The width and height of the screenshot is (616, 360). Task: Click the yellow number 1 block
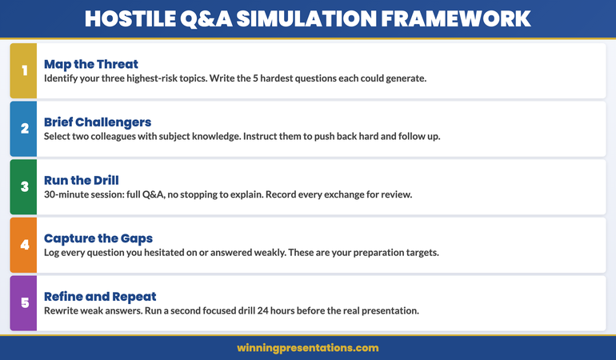click(23, 70)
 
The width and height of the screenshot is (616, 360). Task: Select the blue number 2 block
click(23, 129)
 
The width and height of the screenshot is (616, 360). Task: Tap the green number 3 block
click(23, 186)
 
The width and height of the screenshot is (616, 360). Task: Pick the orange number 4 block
click(23, 245)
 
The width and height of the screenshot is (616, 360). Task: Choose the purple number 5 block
click(23, 303)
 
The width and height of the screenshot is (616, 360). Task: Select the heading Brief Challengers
click(98, 122)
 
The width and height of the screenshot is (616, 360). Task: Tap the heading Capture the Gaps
click(98, 238)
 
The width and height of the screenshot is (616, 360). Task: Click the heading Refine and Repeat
click(101, 296)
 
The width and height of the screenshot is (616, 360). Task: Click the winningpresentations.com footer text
click(308, 348)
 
